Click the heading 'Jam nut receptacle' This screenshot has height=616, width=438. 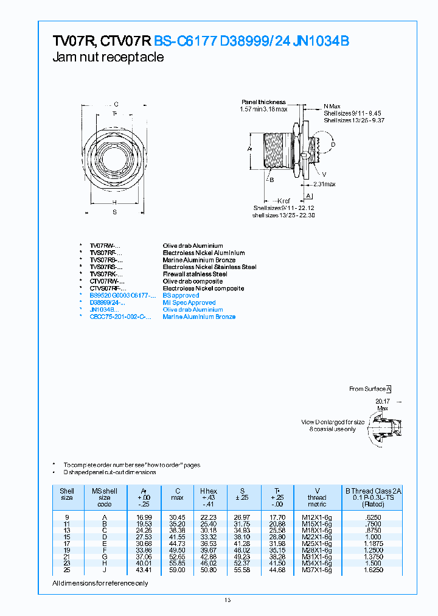(108, 57)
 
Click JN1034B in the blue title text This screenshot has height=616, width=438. (321, 41)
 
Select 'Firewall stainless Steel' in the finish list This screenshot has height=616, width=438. (195, 274)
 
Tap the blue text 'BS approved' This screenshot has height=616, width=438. (181, 295)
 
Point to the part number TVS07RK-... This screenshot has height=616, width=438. (106, 274)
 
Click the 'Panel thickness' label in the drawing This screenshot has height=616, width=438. (263, 102)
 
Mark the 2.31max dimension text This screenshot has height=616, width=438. (324, 184)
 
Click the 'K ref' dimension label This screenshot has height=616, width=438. (284, 200)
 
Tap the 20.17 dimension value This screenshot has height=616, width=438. (382, 401)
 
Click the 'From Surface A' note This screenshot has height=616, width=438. (370, 388)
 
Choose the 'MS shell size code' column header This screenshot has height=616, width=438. (105, 497)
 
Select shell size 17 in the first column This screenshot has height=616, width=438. (67, 543)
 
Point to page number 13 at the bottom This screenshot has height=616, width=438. (228, 600)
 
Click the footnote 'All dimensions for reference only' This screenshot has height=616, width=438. (100, 583)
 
